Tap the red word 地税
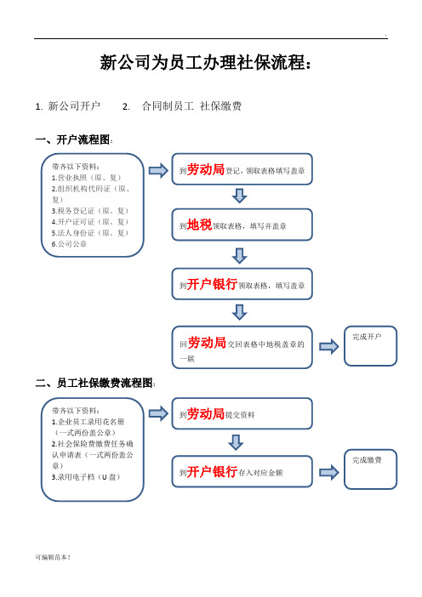199,225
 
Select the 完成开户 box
370,346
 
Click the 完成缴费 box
370,469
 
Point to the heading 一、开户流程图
74,139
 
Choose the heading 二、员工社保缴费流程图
95,383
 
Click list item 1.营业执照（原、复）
87,178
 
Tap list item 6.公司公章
69,244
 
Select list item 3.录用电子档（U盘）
86,477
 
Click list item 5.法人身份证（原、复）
90,233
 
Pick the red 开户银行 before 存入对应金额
212,472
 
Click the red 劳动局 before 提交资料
206,414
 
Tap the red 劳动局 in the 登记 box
206,169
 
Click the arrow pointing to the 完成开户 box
329,346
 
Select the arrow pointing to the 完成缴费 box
329,473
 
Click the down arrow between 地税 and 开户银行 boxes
240,256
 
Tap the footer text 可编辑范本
53,557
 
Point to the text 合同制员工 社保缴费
191,105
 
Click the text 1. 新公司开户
67,105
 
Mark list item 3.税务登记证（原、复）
90,211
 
